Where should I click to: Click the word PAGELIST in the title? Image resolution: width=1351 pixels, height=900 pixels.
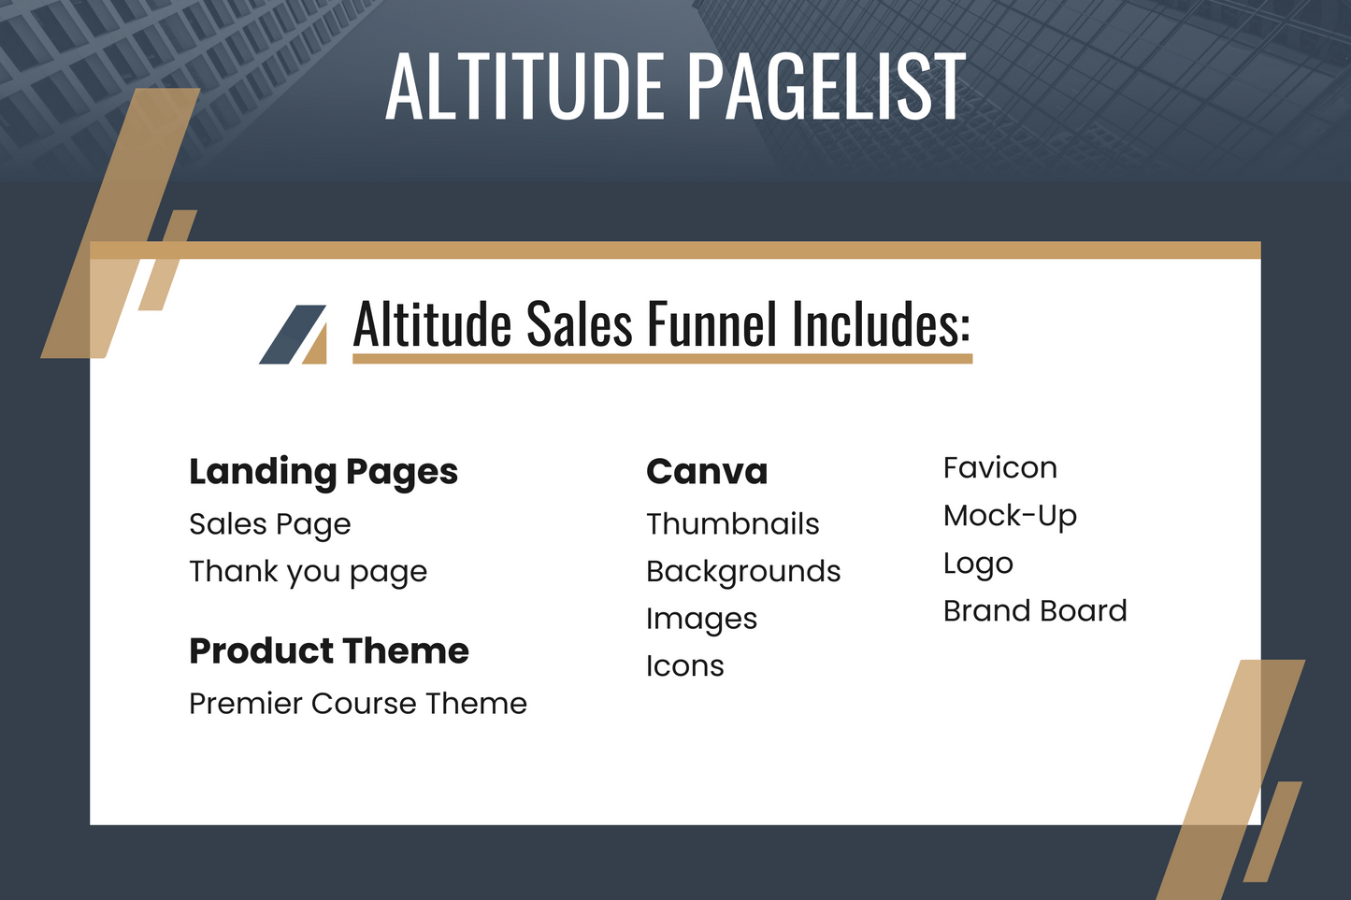pos(826,86)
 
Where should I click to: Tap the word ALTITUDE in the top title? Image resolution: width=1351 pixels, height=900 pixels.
pos(525,86)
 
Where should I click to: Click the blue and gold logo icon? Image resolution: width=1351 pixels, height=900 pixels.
pos(294,335)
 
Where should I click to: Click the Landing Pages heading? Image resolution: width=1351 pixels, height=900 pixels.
pos(323,472)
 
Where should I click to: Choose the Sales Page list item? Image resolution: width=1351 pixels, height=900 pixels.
pos(269,524)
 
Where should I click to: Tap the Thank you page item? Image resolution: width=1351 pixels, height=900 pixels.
pos(309,571)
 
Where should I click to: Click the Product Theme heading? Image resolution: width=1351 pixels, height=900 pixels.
pos(329,650)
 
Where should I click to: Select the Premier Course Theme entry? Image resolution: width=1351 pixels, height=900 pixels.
pos(358,703)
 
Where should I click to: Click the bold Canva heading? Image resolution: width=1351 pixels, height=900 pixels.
pos(707,471)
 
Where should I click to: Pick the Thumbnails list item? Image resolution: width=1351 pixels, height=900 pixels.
pos(733,523)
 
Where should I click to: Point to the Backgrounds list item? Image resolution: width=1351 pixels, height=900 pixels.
pos(743,571)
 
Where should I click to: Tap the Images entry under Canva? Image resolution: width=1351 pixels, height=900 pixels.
pos(701,619)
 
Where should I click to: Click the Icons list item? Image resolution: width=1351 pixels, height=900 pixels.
pos(684,666)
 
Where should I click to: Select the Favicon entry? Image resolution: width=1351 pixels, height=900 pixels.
pos(1000,468)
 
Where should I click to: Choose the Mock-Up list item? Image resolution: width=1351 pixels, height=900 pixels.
pos(1010,516)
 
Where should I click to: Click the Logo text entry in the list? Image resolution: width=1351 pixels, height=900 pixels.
pos(978,564)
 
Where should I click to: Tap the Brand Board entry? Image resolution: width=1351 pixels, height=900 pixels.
pos(1035,610)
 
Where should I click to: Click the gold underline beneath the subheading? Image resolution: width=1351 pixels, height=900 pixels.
pos(662,359)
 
